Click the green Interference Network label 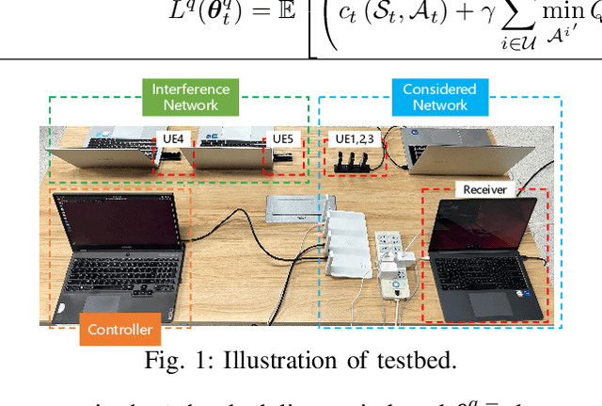[x=191, y=97]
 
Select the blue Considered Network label [x=439, y=97]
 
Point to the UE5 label [x=282, y=138]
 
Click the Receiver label [x=484, y=189]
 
